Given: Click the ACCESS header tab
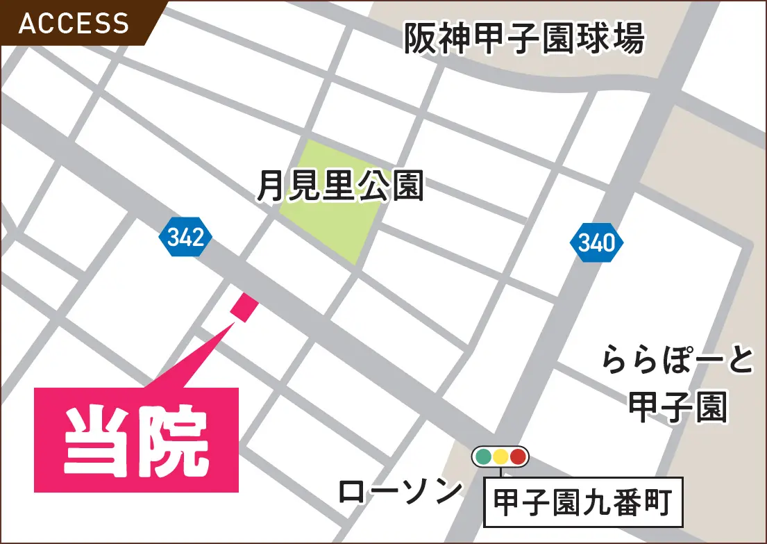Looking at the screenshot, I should pos(74,24).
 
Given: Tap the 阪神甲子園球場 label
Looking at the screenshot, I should pos(525,39).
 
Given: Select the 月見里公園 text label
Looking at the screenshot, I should pos(340,186).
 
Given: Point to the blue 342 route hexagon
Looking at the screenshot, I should pos(185,238).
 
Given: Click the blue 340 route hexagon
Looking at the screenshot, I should pos(596,242).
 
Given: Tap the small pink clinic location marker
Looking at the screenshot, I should pos(244,307).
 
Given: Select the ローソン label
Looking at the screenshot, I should pos(401,492).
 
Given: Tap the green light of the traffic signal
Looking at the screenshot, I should pos(484,457).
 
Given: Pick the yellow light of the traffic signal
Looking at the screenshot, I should pos(500,457).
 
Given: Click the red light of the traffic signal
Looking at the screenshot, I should pos(517,457).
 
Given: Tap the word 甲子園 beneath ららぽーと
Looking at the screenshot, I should pos(677,406).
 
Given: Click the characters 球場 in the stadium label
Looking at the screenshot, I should pos(615,39).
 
